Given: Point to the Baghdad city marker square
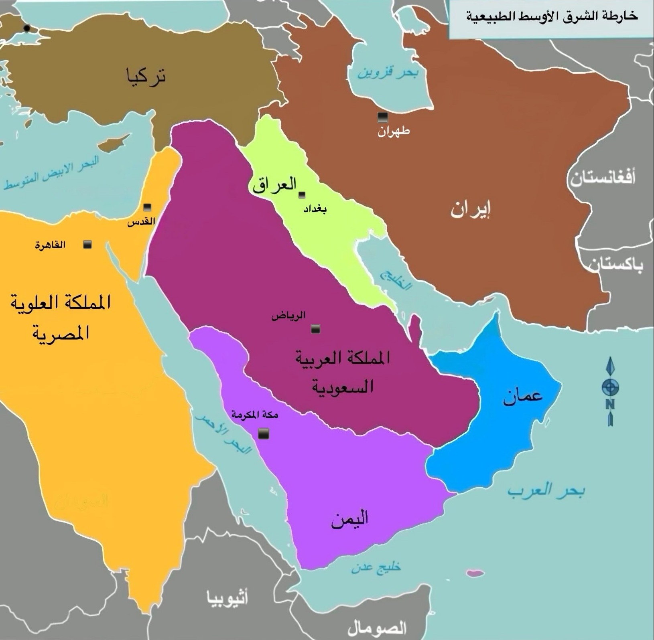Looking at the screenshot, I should pyautogui.click(x=302, y=195).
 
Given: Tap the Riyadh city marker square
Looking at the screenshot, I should pyautogui.click(x=316, y=329).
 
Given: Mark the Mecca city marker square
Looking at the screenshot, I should pyautogui.click(x=263, y=433).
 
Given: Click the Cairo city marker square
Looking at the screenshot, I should pyautogui.click(x=87, y=244).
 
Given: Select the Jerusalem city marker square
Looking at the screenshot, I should pyautogui.click(x=148, y=207).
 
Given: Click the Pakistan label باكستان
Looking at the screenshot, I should pyautogui.click(x=616, y=265).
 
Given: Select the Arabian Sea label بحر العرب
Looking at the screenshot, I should pyautogui.click(x=546, y=491).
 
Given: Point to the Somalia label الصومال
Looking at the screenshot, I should pyautogui.click(x=377, y=628).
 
